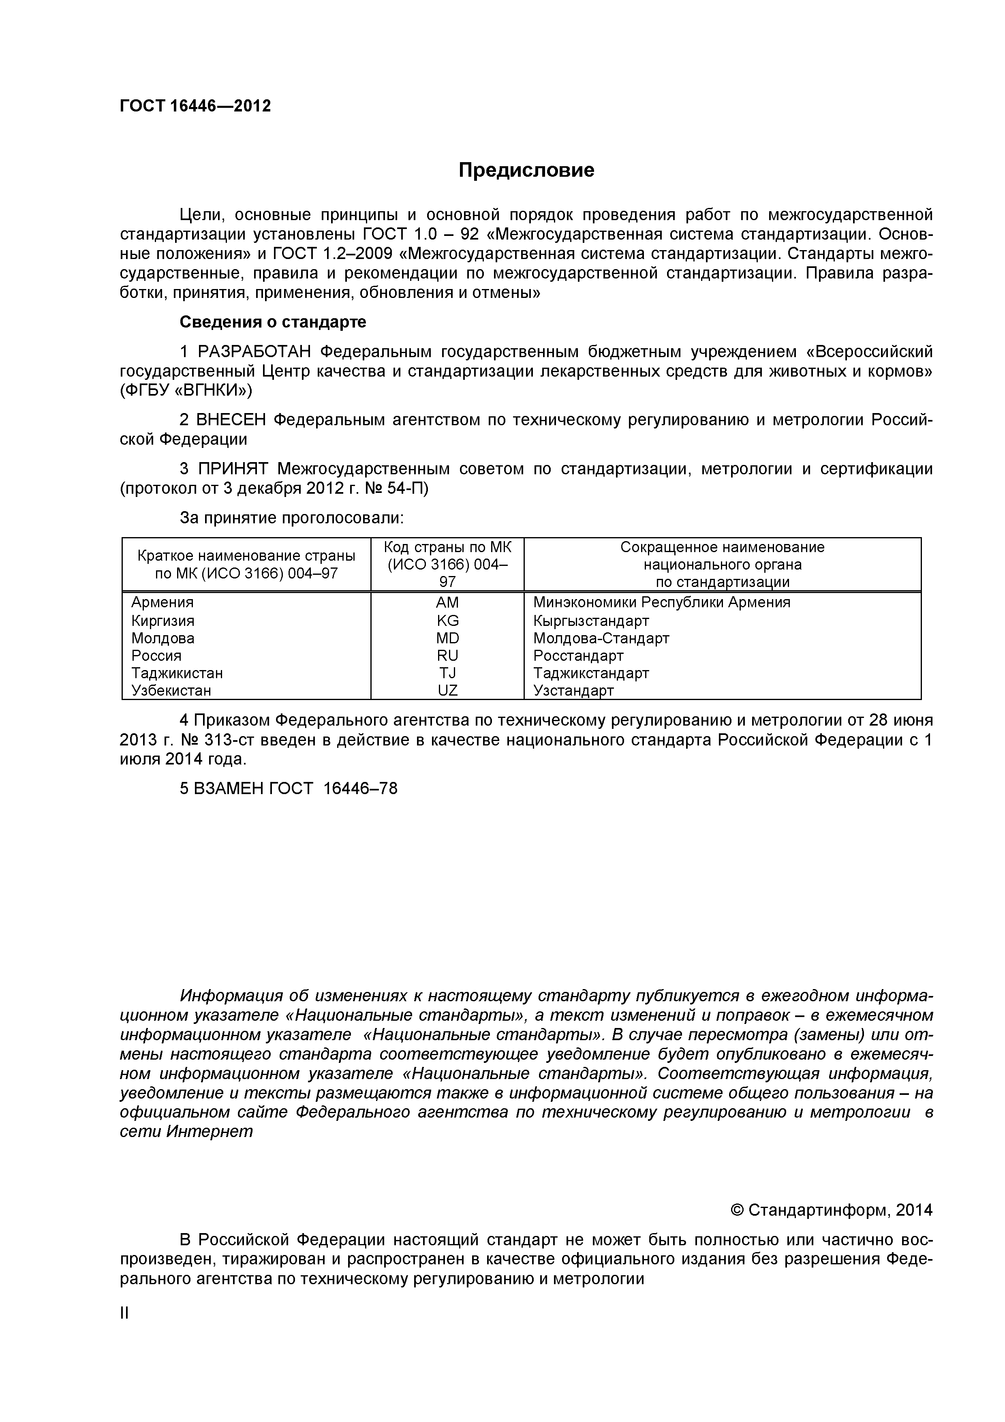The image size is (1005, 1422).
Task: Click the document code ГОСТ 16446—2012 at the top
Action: point(195,106)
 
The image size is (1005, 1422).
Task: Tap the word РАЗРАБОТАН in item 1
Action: point(256,352)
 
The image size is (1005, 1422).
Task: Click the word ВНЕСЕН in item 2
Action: point(231,420)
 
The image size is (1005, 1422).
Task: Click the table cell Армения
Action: point(162,602)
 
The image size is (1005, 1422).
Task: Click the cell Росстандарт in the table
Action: point(578,655)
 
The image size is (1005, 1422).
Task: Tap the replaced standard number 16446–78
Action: point(360,788)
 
